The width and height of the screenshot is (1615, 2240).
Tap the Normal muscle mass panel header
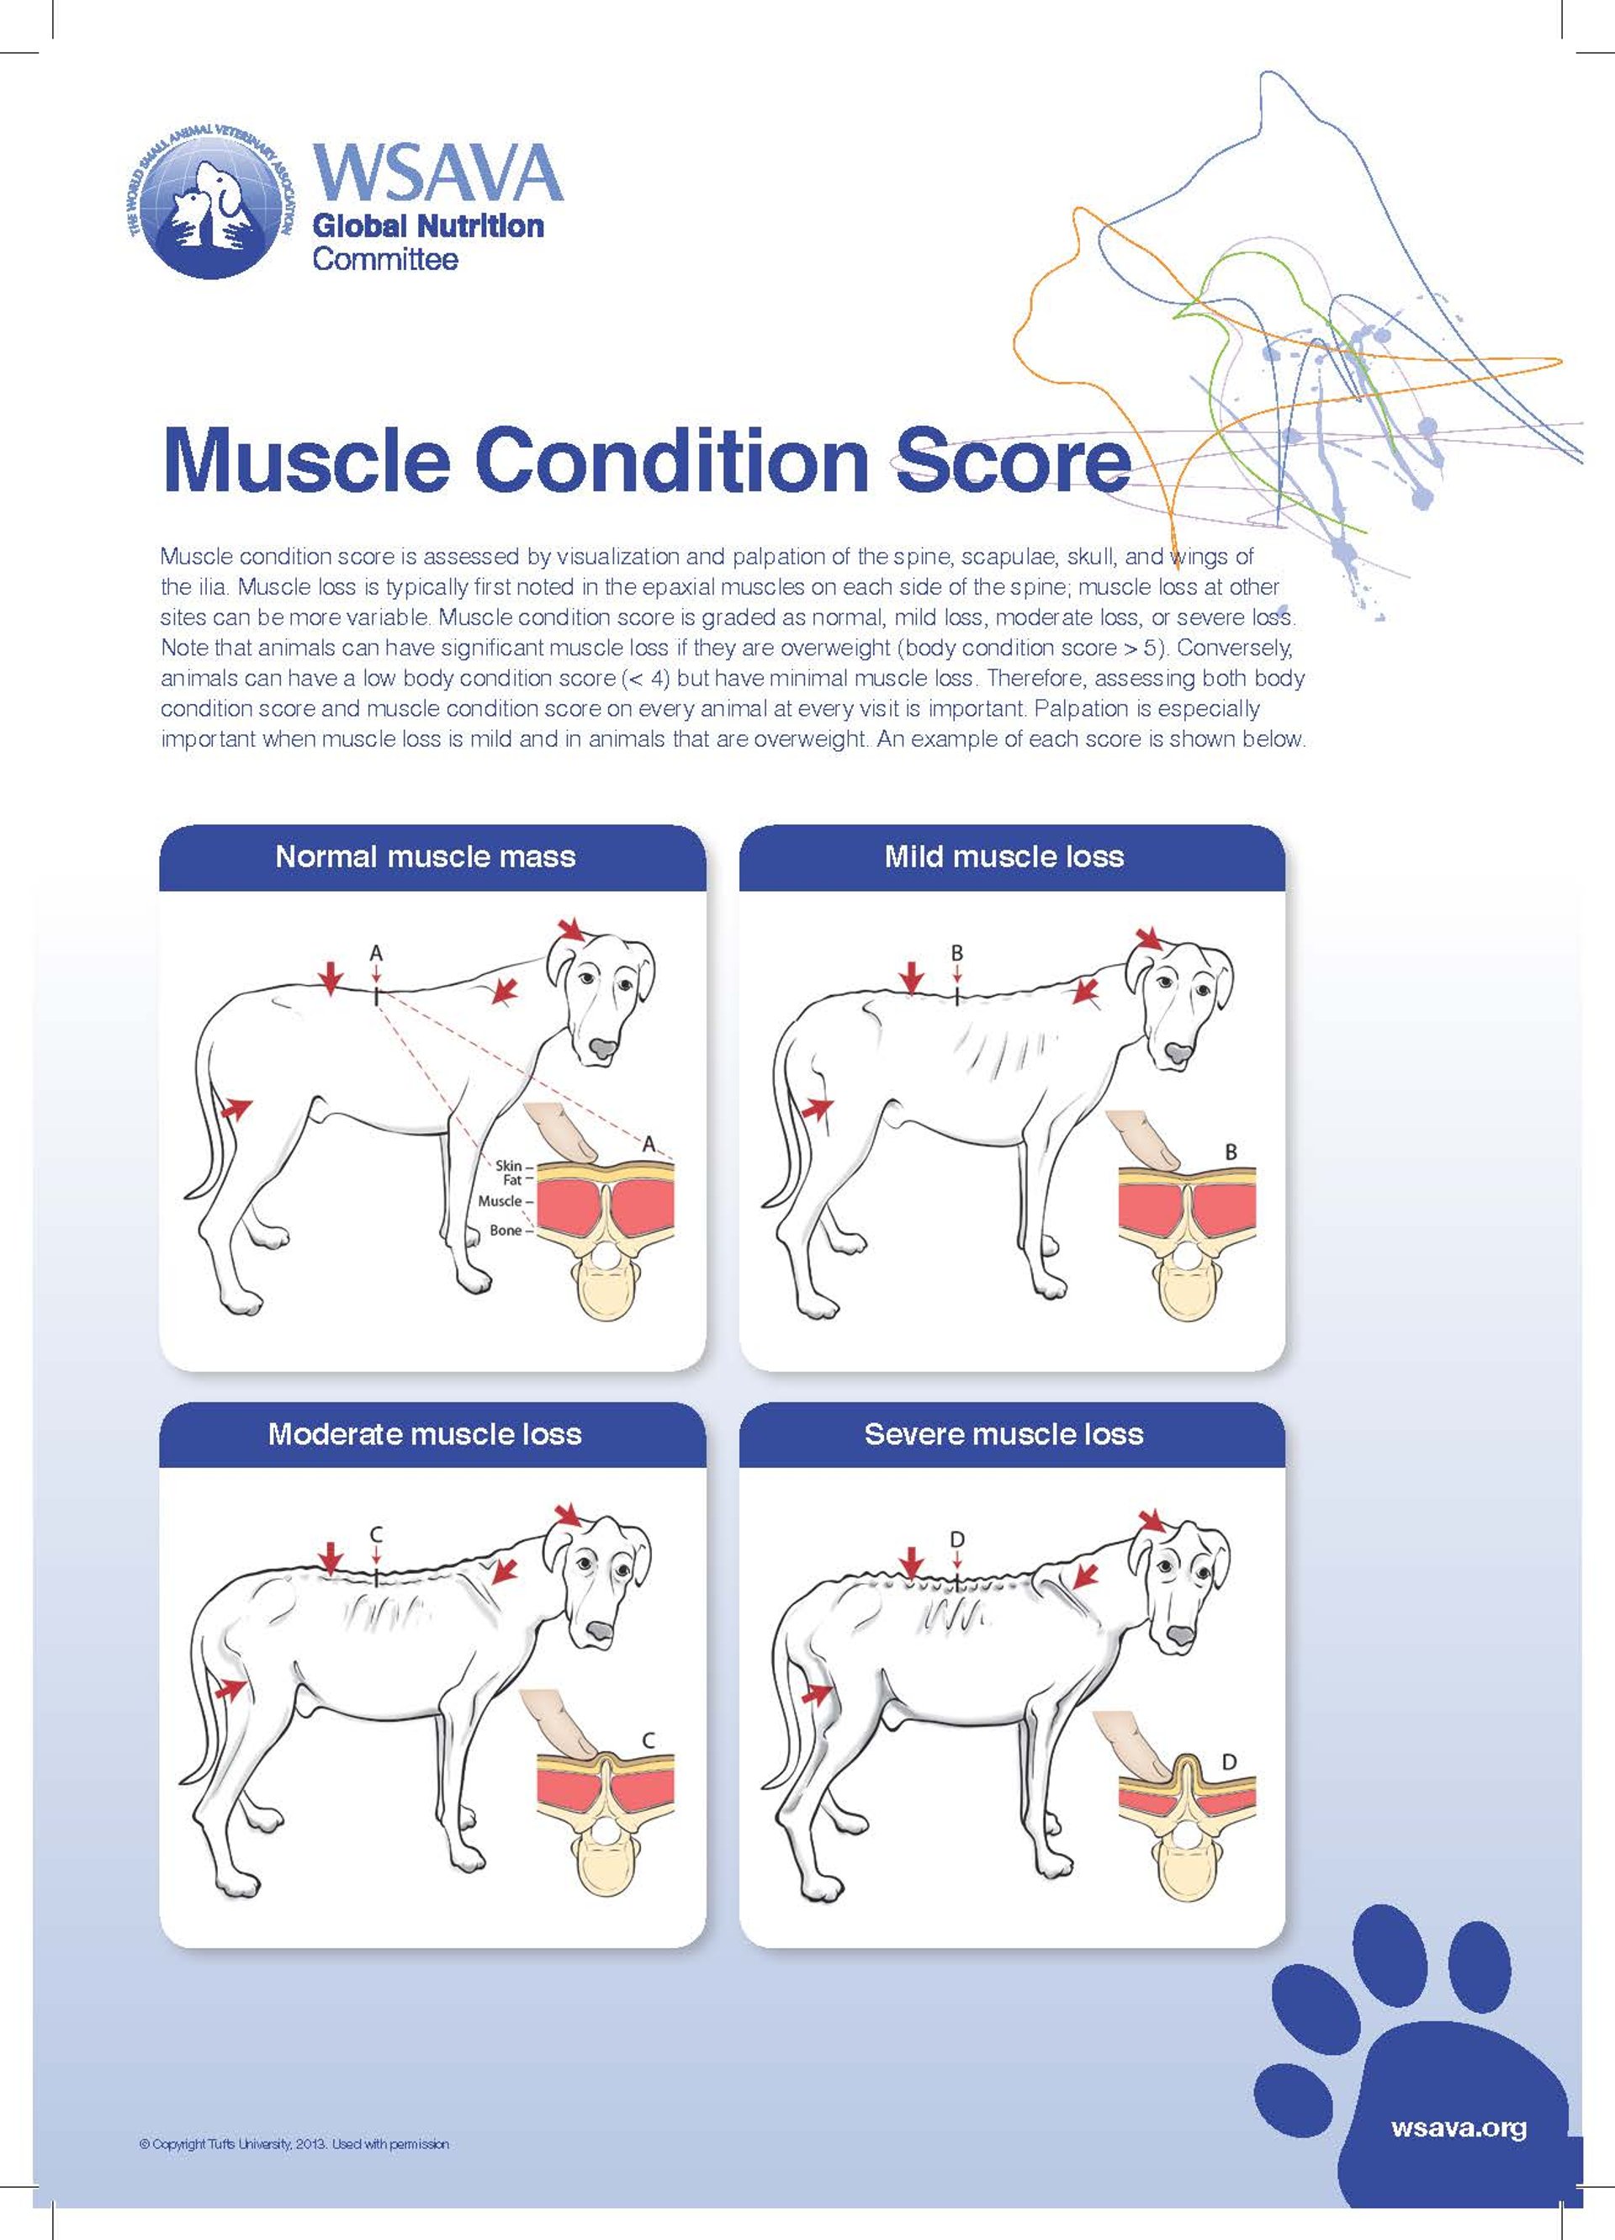tap(425, 856)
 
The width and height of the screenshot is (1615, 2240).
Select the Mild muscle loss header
tap(1003, 856)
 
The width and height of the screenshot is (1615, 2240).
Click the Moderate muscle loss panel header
tap(425, 1434)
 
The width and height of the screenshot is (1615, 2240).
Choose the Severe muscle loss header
tap(1003, 1434)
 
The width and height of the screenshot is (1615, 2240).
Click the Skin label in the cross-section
tap(508, 1166)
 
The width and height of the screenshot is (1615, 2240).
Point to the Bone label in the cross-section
tap(505, 1231)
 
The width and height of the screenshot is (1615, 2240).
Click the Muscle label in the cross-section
tap(499, 1201)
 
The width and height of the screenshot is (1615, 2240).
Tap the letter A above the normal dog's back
tap(375, 953)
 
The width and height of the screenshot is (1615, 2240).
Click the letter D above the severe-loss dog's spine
tap(956, 1540)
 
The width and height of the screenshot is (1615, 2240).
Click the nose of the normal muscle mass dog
tap(601, 1049)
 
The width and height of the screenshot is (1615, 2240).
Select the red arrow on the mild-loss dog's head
tap(1150, 936)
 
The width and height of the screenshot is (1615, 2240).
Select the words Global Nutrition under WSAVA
tap(427, 226)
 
